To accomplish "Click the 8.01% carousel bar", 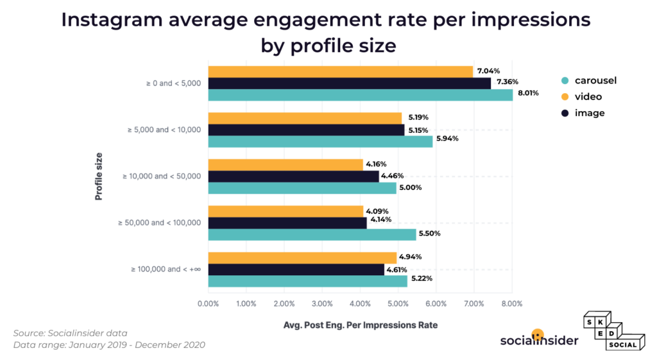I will (x=360, y=95).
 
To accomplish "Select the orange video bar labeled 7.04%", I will (x=340, y=72).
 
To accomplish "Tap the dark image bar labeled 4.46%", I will (x=293, y=176).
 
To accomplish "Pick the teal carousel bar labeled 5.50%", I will (x=312, y=234).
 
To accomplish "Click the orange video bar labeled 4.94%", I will (x=302, y=258).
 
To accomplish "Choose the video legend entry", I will (x=583, y=97).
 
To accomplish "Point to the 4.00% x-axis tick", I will (x=360, y=304).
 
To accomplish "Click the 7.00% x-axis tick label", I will (x=474, y=304).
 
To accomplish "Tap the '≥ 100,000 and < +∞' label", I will (x=165, y=270).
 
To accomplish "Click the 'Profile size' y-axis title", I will (x=99, y=176).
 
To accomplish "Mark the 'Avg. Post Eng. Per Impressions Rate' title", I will (x=361, y=325).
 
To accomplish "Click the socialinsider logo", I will (x=539, y=338).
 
